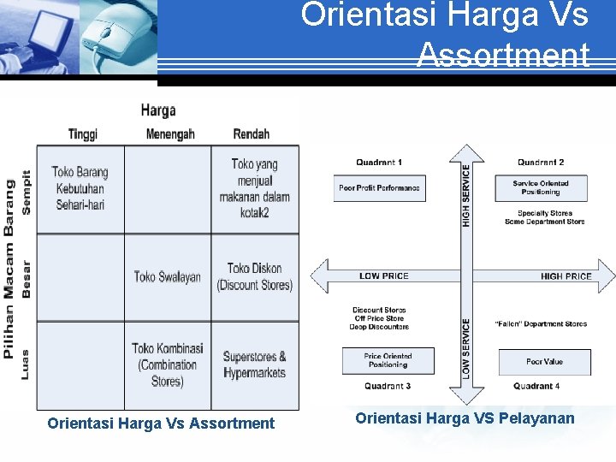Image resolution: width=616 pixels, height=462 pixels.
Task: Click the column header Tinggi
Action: tap(83, 134)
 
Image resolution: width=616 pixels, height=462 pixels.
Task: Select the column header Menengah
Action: tap(170, 134)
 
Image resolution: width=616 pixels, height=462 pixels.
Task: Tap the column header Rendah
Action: tap(251, 134)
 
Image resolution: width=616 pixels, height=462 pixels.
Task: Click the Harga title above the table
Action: tap(158, 110)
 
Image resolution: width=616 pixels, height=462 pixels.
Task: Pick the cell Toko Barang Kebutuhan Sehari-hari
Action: tap(80, 188)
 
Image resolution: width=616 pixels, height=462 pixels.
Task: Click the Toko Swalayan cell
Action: tap(168, 276)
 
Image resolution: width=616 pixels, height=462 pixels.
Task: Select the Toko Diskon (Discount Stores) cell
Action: tap(254, 276)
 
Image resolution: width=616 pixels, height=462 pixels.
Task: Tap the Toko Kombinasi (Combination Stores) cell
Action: tap(168, 364)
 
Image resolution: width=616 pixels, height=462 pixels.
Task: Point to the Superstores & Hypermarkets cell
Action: tap(254, 364)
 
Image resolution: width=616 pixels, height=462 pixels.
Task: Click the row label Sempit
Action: tap(27, 191)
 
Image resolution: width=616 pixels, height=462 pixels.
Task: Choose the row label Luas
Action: tap(27, 364)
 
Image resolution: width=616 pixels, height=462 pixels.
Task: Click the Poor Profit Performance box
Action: tap(379, 188)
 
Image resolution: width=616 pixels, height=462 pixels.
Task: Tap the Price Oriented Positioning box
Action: tap(388, 361)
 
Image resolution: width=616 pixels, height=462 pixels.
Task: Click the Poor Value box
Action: tap(545, 362)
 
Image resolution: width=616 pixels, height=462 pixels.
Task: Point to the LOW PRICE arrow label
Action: tap(384, 276)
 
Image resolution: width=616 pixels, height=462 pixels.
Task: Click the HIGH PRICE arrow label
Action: tap(566, 276)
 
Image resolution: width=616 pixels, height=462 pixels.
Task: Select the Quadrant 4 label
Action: tap(536, 387)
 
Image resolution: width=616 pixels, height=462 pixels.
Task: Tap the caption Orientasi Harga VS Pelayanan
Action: tap(465, 418)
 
